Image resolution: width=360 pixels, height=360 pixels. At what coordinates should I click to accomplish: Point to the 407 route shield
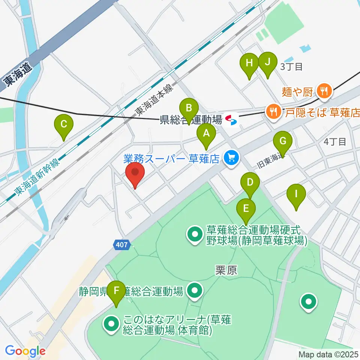pos(122,244)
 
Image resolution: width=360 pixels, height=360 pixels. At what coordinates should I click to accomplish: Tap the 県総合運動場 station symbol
pos(231,120)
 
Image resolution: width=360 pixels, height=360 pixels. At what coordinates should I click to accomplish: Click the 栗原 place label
pos(226,271)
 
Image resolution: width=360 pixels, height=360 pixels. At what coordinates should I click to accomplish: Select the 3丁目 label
pos(291,67)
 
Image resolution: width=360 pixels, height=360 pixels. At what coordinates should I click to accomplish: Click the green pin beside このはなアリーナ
pos(111,325)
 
